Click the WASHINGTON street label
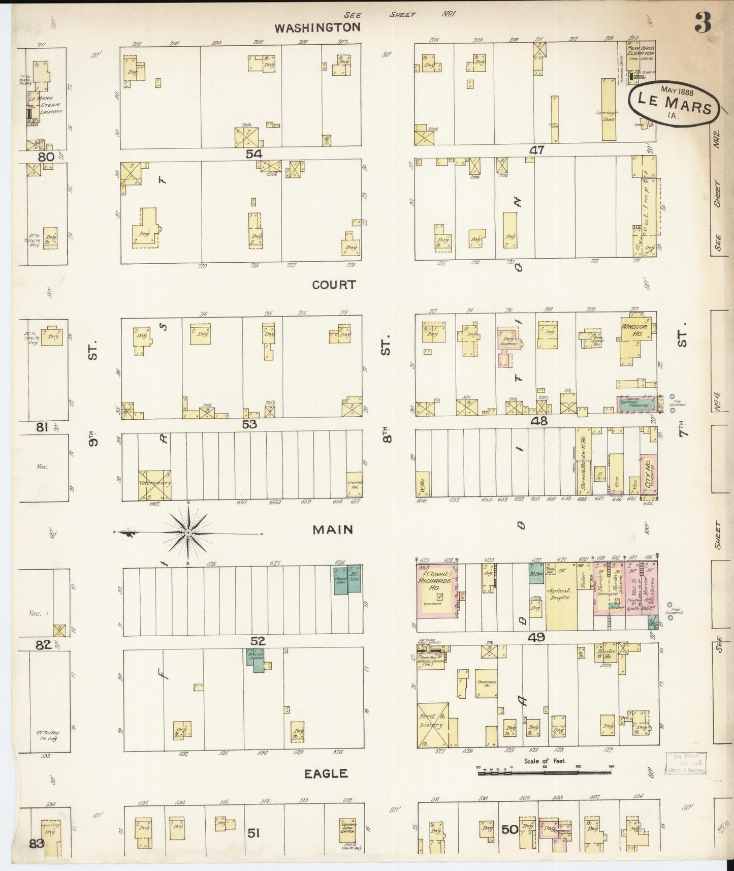317,27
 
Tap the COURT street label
334,285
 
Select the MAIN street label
333,530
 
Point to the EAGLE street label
326,773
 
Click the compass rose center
188,533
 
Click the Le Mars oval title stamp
674,102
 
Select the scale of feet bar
545,773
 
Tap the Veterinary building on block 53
154,485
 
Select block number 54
253,153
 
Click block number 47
536,150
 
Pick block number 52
258,641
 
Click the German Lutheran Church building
347,830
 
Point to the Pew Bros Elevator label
640,50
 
